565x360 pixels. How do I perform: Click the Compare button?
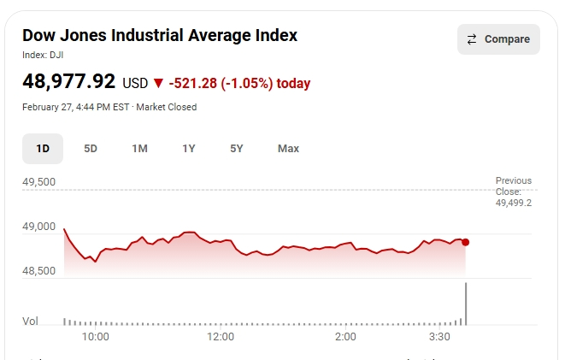[498, 39]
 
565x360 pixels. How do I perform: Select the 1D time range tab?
[43, 149]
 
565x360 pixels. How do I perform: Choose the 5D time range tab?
[91, 149]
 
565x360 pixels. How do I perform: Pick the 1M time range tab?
[139, 149]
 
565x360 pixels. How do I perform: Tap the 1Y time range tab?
[189, 149]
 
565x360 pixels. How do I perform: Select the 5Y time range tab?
[237, 149]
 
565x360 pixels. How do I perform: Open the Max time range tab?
[288, 149]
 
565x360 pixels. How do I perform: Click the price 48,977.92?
[68, 82]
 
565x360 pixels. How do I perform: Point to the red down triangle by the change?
[157, 84]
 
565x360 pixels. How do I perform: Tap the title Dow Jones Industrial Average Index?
[160, 35]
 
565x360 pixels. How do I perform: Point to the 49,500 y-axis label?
[38, 182]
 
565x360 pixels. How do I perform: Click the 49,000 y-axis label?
[38, 227]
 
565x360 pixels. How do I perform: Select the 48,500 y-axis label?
[38, 271]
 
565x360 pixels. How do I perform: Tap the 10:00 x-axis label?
[95, 337]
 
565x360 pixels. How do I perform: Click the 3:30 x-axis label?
[439, 337]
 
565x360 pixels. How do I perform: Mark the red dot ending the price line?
[465, 242]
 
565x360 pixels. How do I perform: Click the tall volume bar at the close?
[466, 304]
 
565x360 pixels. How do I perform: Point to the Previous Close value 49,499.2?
[513, 203]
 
